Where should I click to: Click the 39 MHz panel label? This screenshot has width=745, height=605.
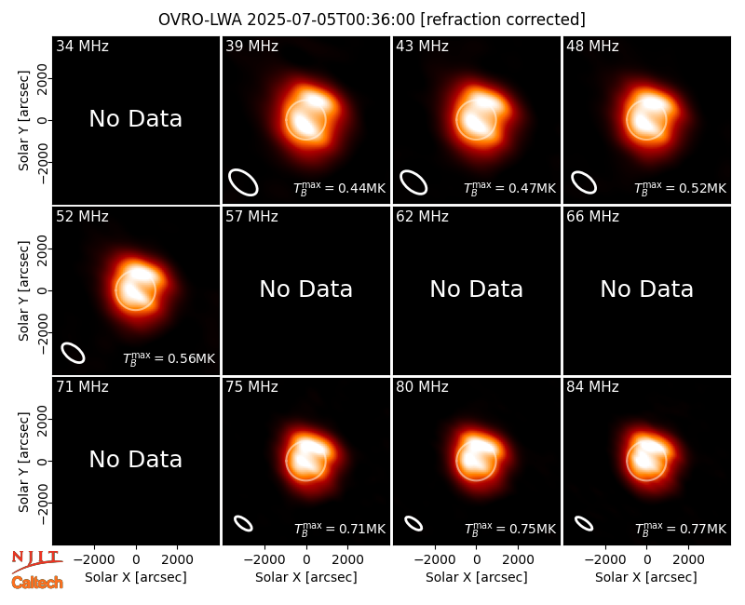(251, 46)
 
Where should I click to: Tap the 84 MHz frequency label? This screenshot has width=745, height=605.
(592, 387)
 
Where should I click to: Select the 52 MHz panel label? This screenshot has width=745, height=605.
(82, 217)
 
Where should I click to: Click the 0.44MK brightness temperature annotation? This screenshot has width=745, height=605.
(339, 188)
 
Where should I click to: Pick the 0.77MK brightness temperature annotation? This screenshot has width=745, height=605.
(681, 529)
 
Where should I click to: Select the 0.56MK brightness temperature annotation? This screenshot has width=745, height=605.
(169, 358)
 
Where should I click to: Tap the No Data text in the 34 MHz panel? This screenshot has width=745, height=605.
(136, 119)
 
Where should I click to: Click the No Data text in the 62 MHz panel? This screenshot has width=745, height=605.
(477, 289)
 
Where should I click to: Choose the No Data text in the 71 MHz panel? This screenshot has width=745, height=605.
(136, 460)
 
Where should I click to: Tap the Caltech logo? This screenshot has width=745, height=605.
(37, 583)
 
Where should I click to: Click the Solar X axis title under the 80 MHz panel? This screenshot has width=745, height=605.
(477, 577)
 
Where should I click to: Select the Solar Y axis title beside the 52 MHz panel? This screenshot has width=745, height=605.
(23, 290)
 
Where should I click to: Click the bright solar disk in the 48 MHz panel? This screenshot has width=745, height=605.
(646, 120)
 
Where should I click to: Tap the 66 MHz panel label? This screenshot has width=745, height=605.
(592, 217)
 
